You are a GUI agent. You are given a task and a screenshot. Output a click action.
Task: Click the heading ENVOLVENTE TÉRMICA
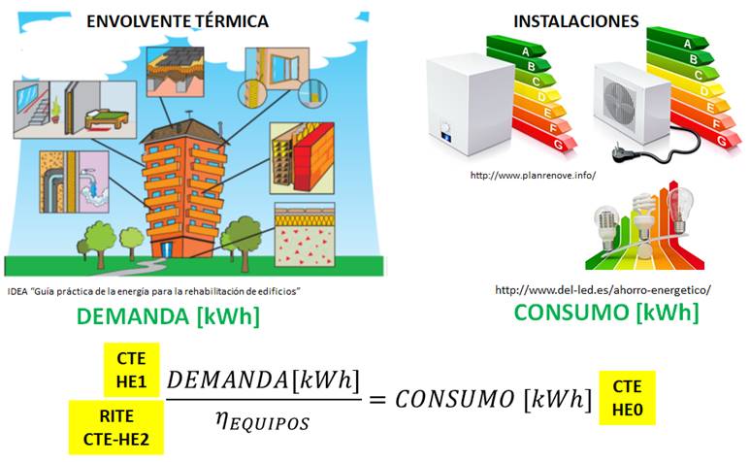[178, 20]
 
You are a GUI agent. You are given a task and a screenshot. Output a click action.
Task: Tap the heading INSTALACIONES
[576, 20]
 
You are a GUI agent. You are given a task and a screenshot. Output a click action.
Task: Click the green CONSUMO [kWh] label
[606, 312]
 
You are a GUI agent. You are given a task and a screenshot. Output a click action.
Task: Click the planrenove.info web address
[532, 176]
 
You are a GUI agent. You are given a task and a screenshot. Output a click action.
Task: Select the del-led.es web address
[603, 289]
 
